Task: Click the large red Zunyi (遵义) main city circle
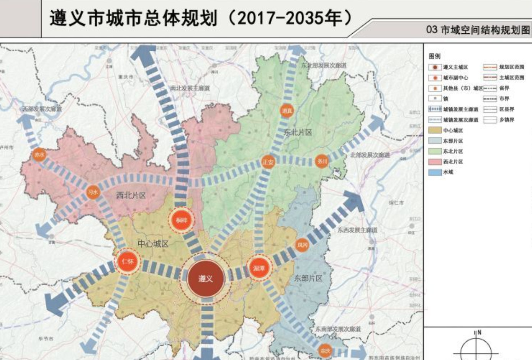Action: point(206,278)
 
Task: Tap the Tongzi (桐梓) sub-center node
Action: point(182,220)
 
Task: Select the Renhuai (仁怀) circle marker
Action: point(128,262)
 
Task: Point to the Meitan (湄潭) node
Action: point(259,268)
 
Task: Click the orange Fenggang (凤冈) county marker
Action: point(302,245)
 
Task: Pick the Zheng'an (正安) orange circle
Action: point(268,162)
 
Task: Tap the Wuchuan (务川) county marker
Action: point(322,162)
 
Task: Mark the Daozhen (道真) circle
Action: point(287,111)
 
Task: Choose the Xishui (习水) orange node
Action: point(93,192)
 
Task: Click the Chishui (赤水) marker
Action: point(39,155)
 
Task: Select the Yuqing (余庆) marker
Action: point(325,351)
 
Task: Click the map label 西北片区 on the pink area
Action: point(131,195)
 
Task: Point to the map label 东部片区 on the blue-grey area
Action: point(308,278)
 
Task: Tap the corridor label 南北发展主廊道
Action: point(190,88)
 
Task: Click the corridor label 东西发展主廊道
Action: point(357,230)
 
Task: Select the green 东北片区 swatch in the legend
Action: point(435,151)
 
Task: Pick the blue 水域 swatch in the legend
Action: point(435,172)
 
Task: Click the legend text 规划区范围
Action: point(511,67)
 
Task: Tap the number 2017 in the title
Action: point(256,18)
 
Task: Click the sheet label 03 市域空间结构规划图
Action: point(478,30)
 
